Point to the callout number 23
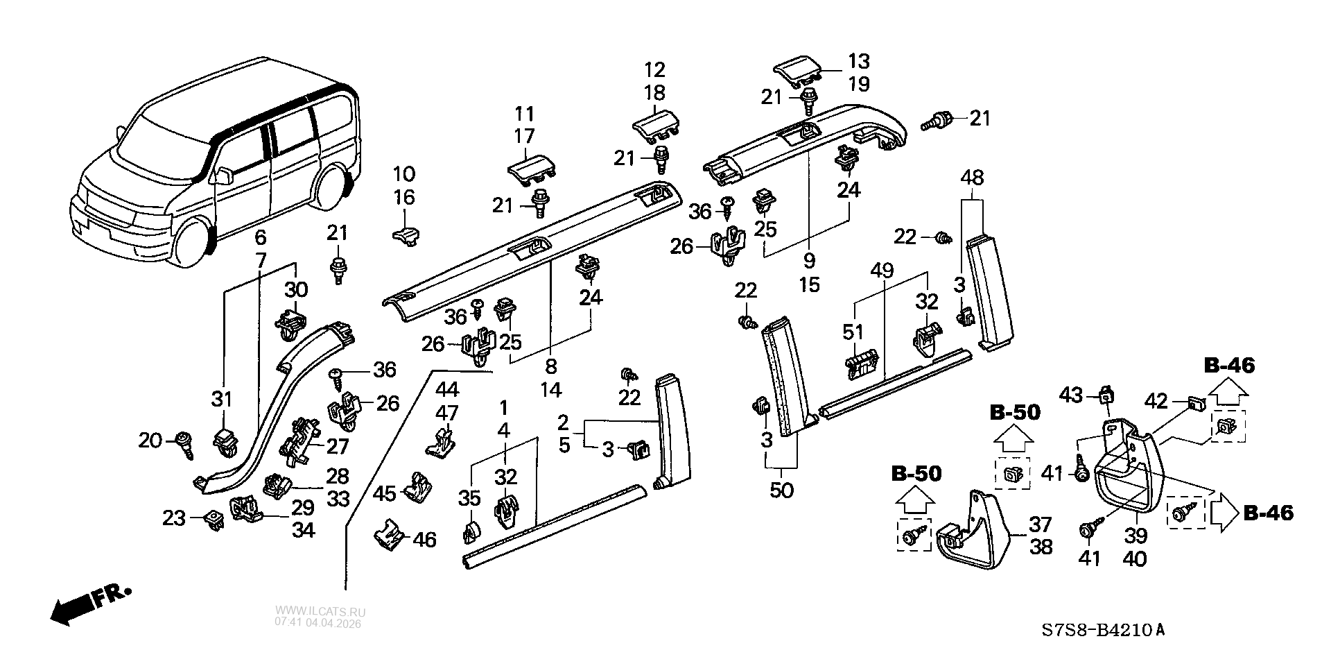[174, 518]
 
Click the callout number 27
[338, 445]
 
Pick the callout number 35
[469, 498]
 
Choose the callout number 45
[385, 493]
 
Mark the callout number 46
[424, 539]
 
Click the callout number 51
[853, 333]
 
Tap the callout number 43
[1072, 395]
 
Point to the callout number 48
[972, 178]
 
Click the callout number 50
[781, 490]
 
